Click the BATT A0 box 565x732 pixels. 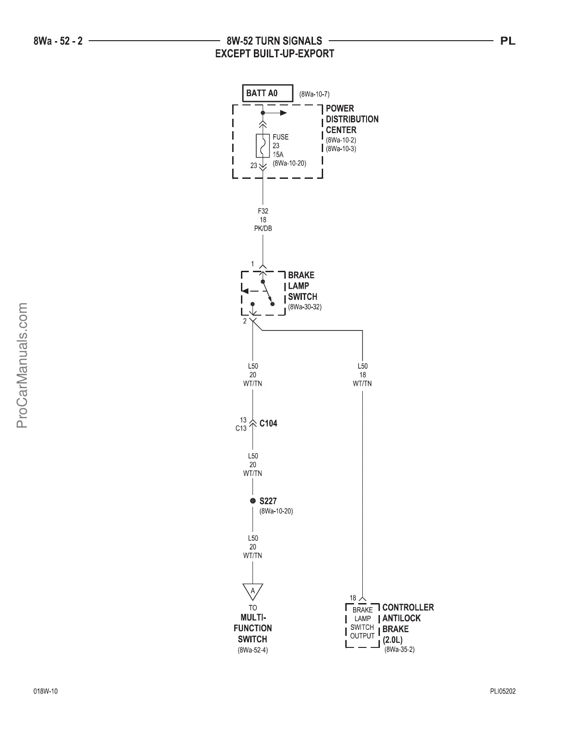(268, 93)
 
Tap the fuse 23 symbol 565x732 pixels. (263, 146)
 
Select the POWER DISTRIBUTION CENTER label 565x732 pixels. (352, 119)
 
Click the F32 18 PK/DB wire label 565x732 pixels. (263, 220)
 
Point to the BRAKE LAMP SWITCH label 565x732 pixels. (302, 286)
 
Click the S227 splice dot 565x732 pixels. (252, 501)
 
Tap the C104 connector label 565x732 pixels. (268, 423)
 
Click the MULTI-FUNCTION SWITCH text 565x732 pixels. (252, 628)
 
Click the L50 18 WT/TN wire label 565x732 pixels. (362, 375)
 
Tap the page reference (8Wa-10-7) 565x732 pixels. (314, 95)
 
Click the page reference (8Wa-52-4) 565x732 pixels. (252, 650)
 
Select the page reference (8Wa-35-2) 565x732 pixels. (399, 650)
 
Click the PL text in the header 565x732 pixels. (508, 41)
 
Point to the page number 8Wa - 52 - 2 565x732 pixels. (58, 41)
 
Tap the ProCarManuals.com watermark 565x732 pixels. (22, 365)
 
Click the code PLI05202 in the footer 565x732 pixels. (503, 692)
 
